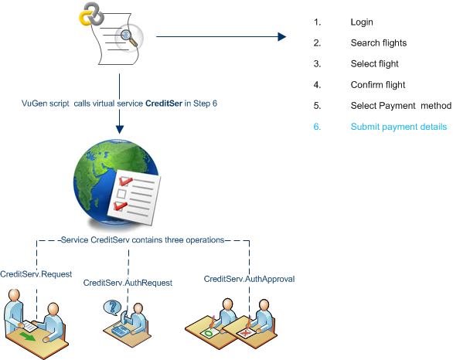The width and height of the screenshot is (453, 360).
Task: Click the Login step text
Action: (x=362, y=22)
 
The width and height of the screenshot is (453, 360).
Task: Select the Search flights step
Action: (x=379, y=43)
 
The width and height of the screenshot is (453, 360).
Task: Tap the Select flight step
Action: (x=374, y=64)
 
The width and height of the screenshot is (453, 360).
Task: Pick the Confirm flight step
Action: (x=377, y=85)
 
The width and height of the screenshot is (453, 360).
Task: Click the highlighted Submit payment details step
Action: (x=399, y=127)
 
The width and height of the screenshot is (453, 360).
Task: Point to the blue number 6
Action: (x=317, y=127)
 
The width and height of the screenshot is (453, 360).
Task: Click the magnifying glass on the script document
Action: (x=128, y=37)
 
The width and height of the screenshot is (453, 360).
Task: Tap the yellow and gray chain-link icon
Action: (x=91, y=14)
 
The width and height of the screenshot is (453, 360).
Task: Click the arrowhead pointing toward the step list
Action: (x=281, y=36)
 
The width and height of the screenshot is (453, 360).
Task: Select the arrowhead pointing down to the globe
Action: (x=120, y=129)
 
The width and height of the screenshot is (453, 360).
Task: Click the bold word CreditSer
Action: (x=164, y=104)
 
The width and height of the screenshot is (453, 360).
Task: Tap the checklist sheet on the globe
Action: (x=134, y=197)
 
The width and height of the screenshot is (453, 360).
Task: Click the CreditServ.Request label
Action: (x=36, y=274)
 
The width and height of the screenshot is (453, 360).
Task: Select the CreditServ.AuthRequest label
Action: (x=128, y=283)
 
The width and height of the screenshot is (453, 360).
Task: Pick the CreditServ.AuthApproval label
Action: (x=249, y=279)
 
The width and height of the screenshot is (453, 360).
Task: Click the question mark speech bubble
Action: (x=112, y=307)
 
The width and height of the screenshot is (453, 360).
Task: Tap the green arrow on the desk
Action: (x=28, y=336)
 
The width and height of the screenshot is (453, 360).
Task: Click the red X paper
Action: (x=246, y=333)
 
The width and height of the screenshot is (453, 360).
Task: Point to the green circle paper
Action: (x=209, y=333)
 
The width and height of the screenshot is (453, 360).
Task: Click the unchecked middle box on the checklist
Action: (x=121, y=194)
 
